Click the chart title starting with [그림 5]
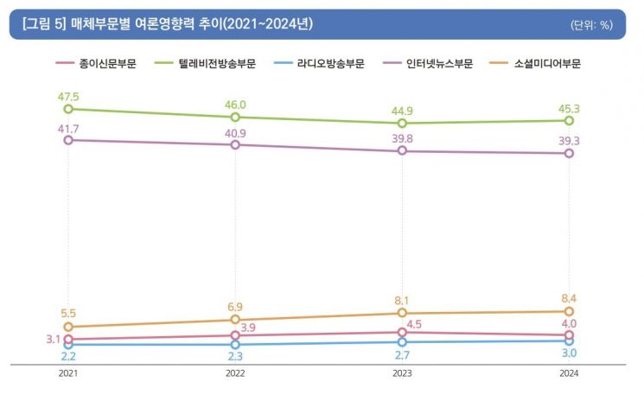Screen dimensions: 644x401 point(168,24)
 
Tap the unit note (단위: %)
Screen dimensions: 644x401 point(591,25)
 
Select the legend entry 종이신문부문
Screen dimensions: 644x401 point(96,64)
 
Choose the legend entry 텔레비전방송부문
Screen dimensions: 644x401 point(205,64)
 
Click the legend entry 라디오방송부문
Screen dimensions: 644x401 point(319,64)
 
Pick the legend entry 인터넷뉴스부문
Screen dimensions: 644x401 point(428,64)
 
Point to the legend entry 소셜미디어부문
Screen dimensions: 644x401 point(536,64)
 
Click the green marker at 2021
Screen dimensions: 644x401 point(68,109)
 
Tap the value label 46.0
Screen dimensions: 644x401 point(235,105)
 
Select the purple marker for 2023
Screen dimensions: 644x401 point(402,150)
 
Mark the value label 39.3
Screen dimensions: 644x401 point(569,141)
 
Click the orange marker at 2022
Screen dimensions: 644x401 point(235,319)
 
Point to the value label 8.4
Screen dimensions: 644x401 point(569,298)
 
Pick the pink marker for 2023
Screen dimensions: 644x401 point(402,332)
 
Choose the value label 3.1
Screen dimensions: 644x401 point(53,340)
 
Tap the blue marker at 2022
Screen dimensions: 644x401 point(235,344)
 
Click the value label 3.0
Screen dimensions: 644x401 point(570,353)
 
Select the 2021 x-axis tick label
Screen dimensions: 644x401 point(68,373)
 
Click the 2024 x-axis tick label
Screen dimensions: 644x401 point(569,373)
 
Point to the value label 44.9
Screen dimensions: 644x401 point(402,111)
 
